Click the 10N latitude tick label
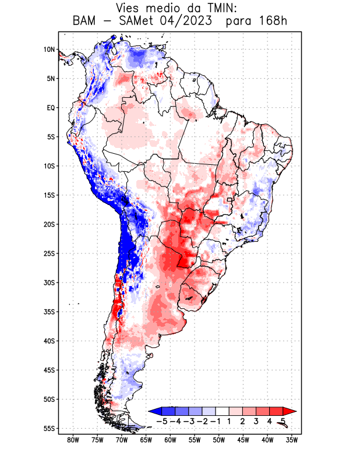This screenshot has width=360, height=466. coord(49,50)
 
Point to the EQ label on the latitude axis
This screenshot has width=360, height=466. coord(51,108)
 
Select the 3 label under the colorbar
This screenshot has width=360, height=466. coord(256,421)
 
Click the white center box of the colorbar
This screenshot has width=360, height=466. coord(222,411)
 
